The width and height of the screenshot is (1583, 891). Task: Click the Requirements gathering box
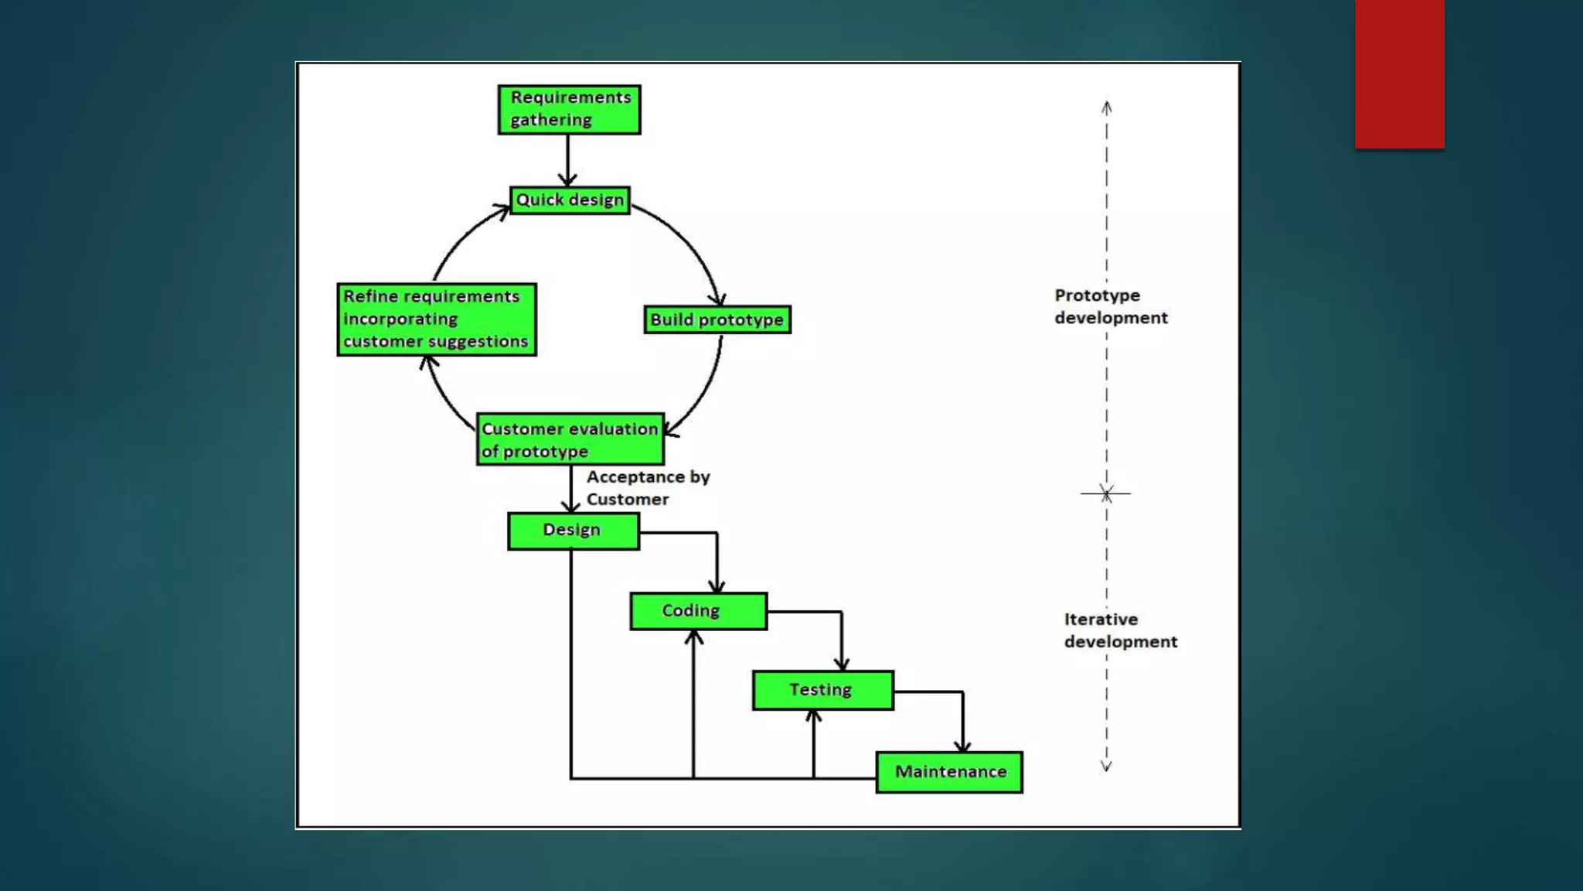[569, 109]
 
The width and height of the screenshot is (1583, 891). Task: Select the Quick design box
[570, 200]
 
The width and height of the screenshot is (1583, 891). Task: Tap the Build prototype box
[717, 319]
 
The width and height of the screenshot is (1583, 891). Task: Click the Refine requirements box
[437, 319]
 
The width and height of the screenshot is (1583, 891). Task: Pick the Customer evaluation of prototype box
[570, 439]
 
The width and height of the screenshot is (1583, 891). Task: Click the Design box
[573, 531]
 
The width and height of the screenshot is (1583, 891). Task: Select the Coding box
[698, 611]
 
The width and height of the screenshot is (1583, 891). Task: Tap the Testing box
[822, 690]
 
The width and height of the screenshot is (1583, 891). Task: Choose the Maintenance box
[949, 772]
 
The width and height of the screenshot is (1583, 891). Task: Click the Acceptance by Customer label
[647, 488]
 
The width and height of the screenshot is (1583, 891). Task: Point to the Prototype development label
[1111, 306]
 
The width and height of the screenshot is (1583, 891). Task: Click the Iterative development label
[1120, 630]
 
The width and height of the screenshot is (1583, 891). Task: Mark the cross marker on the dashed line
[1106, 493]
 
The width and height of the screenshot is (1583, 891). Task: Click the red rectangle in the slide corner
[1399, 73]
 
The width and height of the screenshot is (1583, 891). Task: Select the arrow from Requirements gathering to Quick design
[568, 160]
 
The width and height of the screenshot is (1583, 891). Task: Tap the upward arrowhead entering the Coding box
[693, 637]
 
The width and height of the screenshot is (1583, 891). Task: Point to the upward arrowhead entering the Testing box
[813, 716]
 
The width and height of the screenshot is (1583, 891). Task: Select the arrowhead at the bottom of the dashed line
[1106, 766]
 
